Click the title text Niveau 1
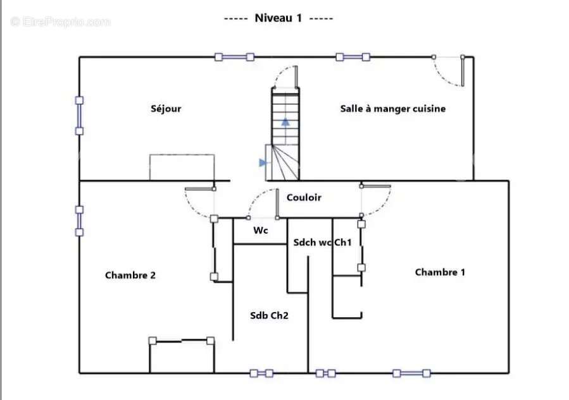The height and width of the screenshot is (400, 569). (x=278, y=18)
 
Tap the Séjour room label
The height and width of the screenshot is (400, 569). (x=166, y=109)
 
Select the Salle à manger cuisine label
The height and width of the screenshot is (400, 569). (x=392, y=109)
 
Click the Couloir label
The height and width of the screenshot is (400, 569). (x=304, y=197)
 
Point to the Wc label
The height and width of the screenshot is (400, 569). (x=261, y=230)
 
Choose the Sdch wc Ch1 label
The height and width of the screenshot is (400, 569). (x=322, y=243)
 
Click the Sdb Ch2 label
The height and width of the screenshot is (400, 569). (x=269, y=315)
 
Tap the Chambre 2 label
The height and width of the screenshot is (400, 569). (x=130, y=275)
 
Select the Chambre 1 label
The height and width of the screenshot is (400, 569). (x=440, y=272)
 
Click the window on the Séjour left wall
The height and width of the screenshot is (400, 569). (x=79, y=115)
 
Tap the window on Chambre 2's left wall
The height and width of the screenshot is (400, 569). (x=79, y=221)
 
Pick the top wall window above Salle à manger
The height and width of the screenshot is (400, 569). (x=353, y=57)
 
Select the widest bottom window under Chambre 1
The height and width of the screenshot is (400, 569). (x=411, y=373)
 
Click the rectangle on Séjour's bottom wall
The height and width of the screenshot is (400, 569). (x=182, y=167)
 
